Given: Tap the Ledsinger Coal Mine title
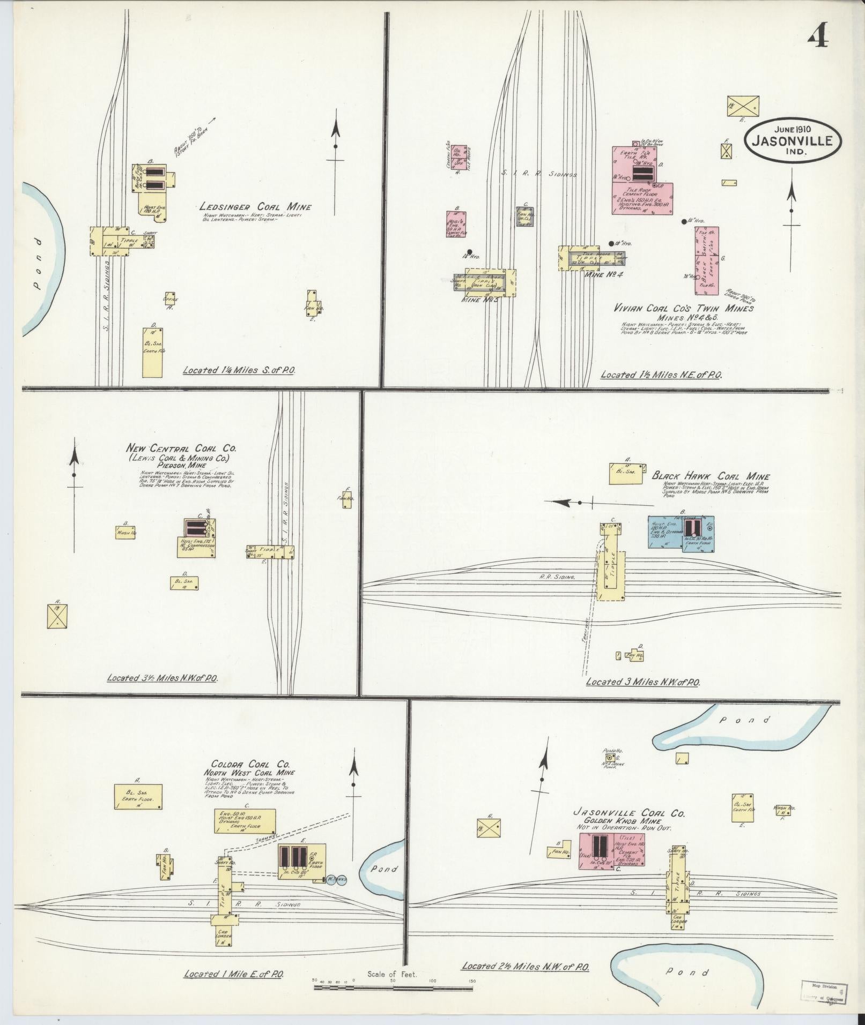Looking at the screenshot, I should click(255, 207).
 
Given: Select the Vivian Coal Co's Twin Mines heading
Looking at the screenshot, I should click(684, 308).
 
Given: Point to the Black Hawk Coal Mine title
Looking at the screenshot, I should click(711, 476).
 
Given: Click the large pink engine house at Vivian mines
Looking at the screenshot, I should click(642, 182).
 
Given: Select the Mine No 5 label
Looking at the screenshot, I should click(479, 300).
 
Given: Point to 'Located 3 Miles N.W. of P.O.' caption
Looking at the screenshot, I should click(642, 682).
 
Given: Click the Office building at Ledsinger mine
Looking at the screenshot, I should click(171, 299).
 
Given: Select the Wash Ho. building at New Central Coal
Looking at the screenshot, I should click(125, 532).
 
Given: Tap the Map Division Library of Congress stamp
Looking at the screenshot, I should click(823, 991).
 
